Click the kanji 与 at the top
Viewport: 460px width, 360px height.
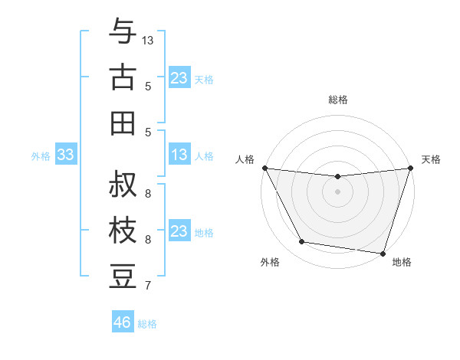click(123, 32)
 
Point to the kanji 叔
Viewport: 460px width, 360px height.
click(123, 185)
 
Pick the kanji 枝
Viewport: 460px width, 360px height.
click(123, 230)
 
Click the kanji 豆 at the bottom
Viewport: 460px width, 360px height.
click(123, 276)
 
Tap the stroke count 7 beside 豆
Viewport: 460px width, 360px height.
click(148, 286)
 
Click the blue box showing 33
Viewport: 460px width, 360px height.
click(65, 155)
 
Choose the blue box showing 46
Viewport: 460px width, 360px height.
click(123, 322)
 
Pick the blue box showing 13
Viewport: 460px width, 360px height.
click(179, 155)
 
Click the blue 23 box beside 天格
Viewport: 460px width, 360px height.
click(179, 78)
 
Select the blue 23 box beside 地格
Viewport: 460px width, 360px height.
click(179, 231)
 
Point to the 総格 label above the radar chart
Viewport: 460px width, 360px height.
click(337, 100)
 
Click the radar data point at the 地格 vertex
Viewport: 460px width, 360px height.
click(383, 253)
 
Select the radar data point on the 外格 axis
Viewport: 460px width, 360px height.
click(302, 242)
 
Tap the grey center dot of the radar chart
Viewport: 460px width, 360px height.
click(337, 191)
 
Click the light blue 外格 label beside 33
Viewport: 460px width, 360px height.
click(41, 156)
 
